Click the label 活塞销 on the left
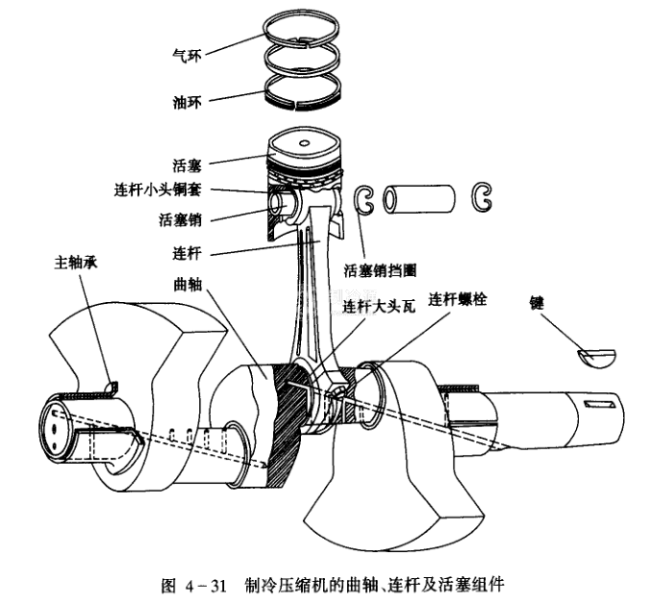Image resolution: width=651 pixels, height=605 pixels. click(180, 219)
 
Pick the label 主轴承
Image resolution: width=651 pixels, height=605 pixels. click(76, 261)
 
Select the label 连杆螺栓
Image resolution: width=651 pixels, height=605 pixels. click(457, 299)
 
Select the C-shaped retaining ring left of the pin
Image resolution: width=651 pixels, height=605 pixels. click(366, 199)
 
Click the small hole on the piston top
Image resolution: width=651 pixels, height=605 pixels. click(306, 144)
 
